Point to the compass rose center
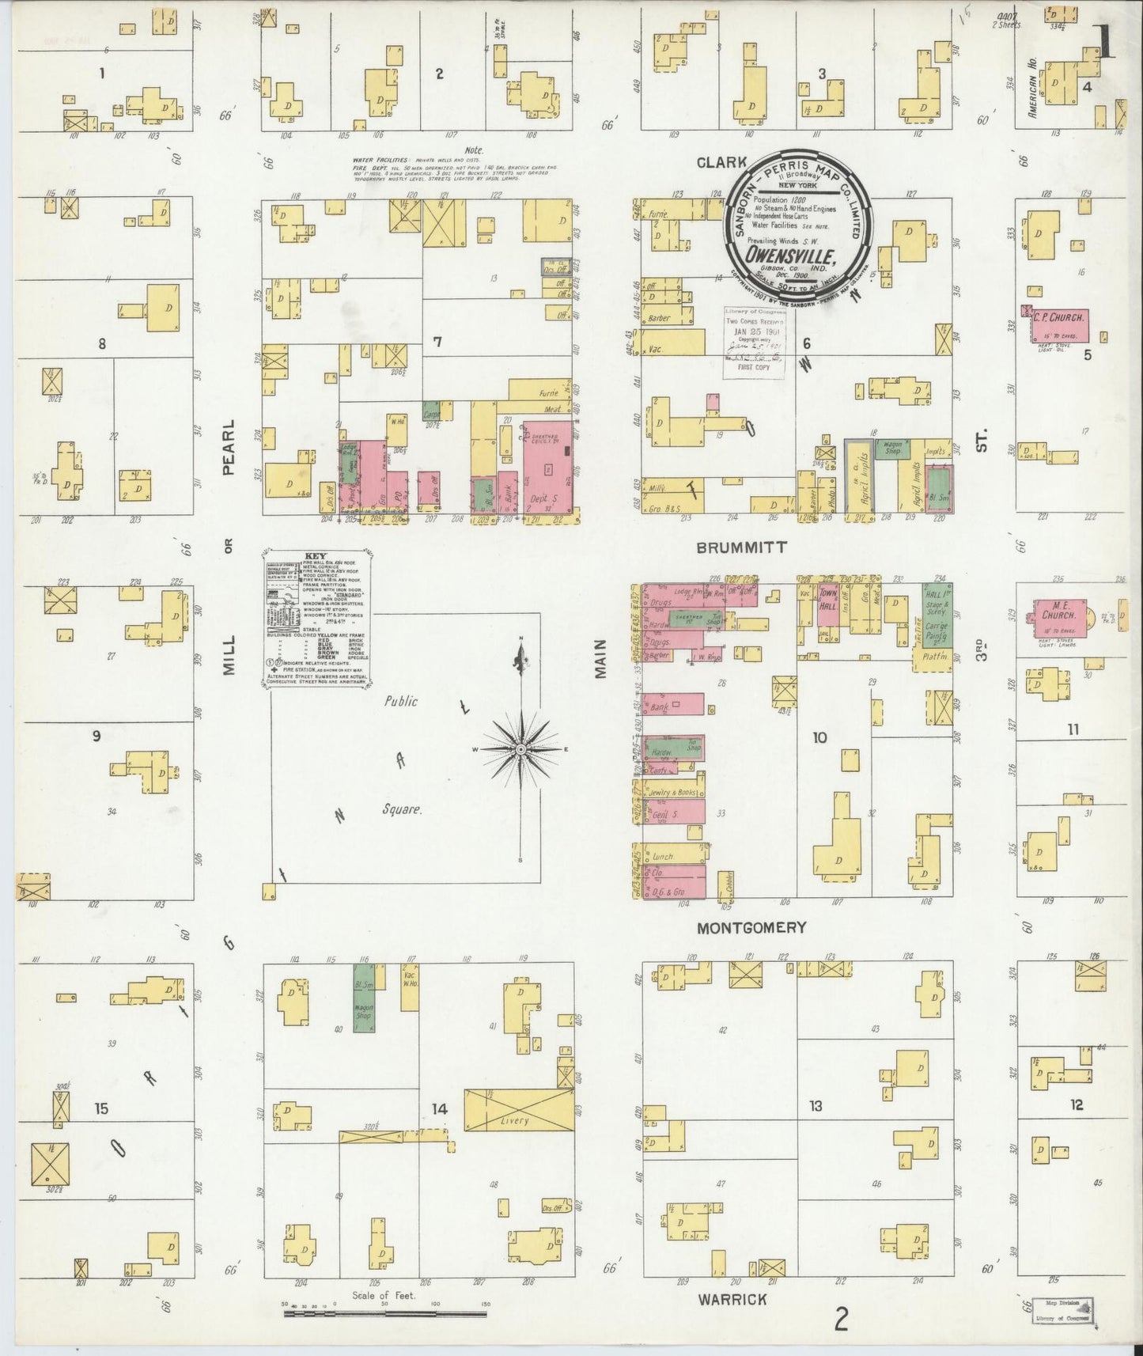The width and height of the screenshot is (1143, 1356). (521, 748)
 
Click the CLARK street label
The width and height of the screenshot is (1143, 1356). (721, 163)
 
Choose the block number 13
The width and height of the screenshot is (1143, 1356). (816, 1105)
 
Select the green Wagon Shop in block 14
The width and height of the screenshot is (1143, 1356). (363, 1016)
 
